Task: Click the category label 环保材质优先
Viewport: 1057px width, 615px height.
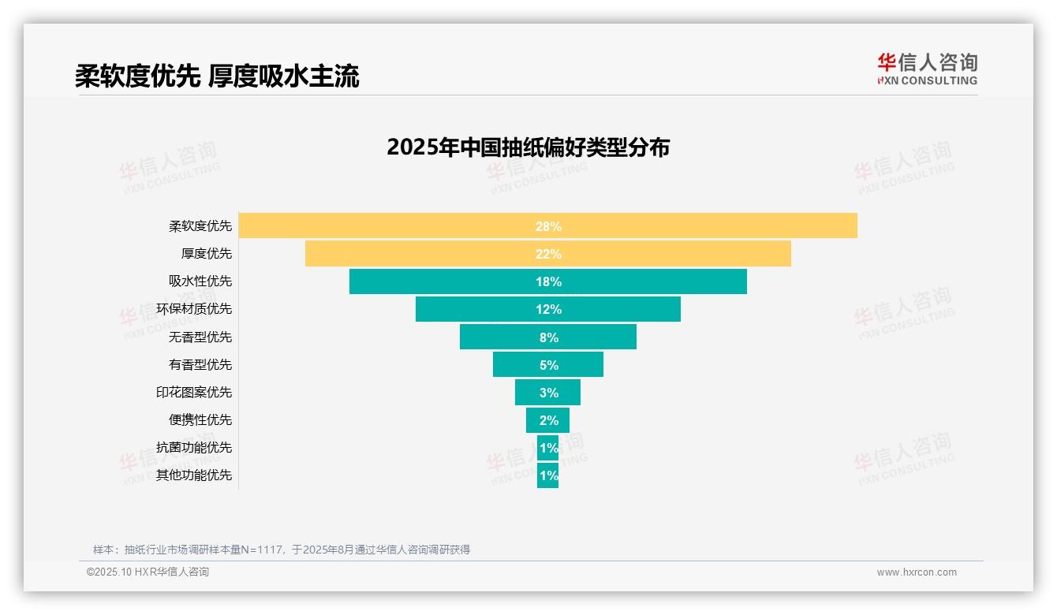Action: (194, 309)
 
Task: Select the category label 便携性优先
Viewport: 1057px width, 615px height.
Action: (200, 419)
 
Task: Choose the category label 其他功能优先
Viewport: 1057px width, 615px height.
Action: (194, 475)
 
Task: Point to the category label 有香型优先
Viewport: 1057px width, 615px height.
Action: (200, 364)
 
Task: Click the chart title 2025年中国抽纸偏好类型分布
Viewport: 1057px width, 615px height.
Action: (528, 147)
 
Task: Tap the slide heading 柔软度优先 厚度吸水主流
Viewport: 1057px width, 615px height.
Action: (217, 76)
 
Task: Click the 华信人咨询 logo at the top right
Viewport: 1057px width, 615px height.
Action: (927, 69)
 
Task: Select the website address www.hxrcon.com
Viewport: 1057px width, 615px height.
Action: (916, 572)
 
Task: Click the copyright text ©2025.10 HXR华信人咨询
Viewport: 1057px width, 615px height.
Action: (148, 572)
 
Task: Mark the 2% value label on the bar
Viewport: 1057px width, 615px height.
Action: (548, 420)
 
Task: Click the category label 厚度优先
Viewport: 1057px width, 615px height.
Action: (207, 254)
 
